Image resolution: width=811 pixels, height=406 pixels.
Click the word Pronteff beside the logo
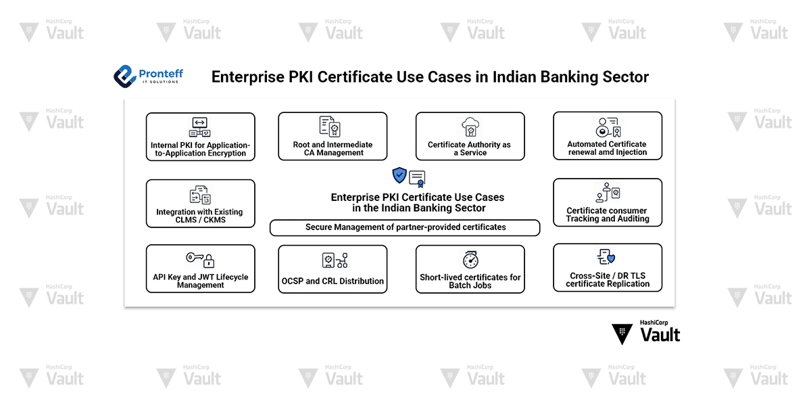pyautogui.click(x=160, y=73)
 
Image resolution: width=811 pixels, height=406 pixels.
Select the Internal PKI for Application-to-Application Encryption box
pyautogui.click(x=201, y=137)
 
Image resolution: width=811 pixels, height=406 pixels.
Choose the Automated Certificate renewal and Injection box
pyautogui.click(x=607, y=136)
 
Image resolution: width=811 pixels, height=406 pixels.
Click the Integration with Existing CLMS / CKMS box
pyautogui.click(x=201, y=203)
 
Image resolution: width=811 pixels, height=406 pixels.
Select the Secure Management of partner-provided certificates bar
pyautogui.click(x=405, y=227)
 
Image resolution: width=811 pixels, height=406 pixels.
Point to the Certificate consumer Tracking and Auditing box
pyautogui.click(x=607, y=202)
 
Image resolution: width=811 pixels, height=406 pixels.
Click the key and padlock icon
pyautogui.click(x=200, y=259)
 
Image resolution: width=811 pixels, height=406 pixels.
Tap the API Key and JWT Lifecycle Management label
pyautogui.click(x=201, y=281)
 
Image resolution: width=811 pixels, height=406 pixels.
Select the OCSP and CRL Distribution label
pyautogui.click(x=333, y=281)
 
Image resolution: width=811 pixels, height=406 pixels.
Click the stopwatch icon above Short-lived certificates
pyautogui.click(x=470, y=260)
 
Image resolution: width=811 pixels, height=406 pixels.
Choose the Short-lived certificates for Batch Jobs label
pyautogui.click(x=470, y=281)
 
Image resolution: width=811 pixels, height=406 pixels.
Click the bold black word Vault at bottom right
pyautogui.click(x=660, y=335)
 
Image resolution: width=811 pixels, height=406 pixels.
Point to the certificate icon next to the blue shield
pyautogui.click(x=417, y=179)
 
